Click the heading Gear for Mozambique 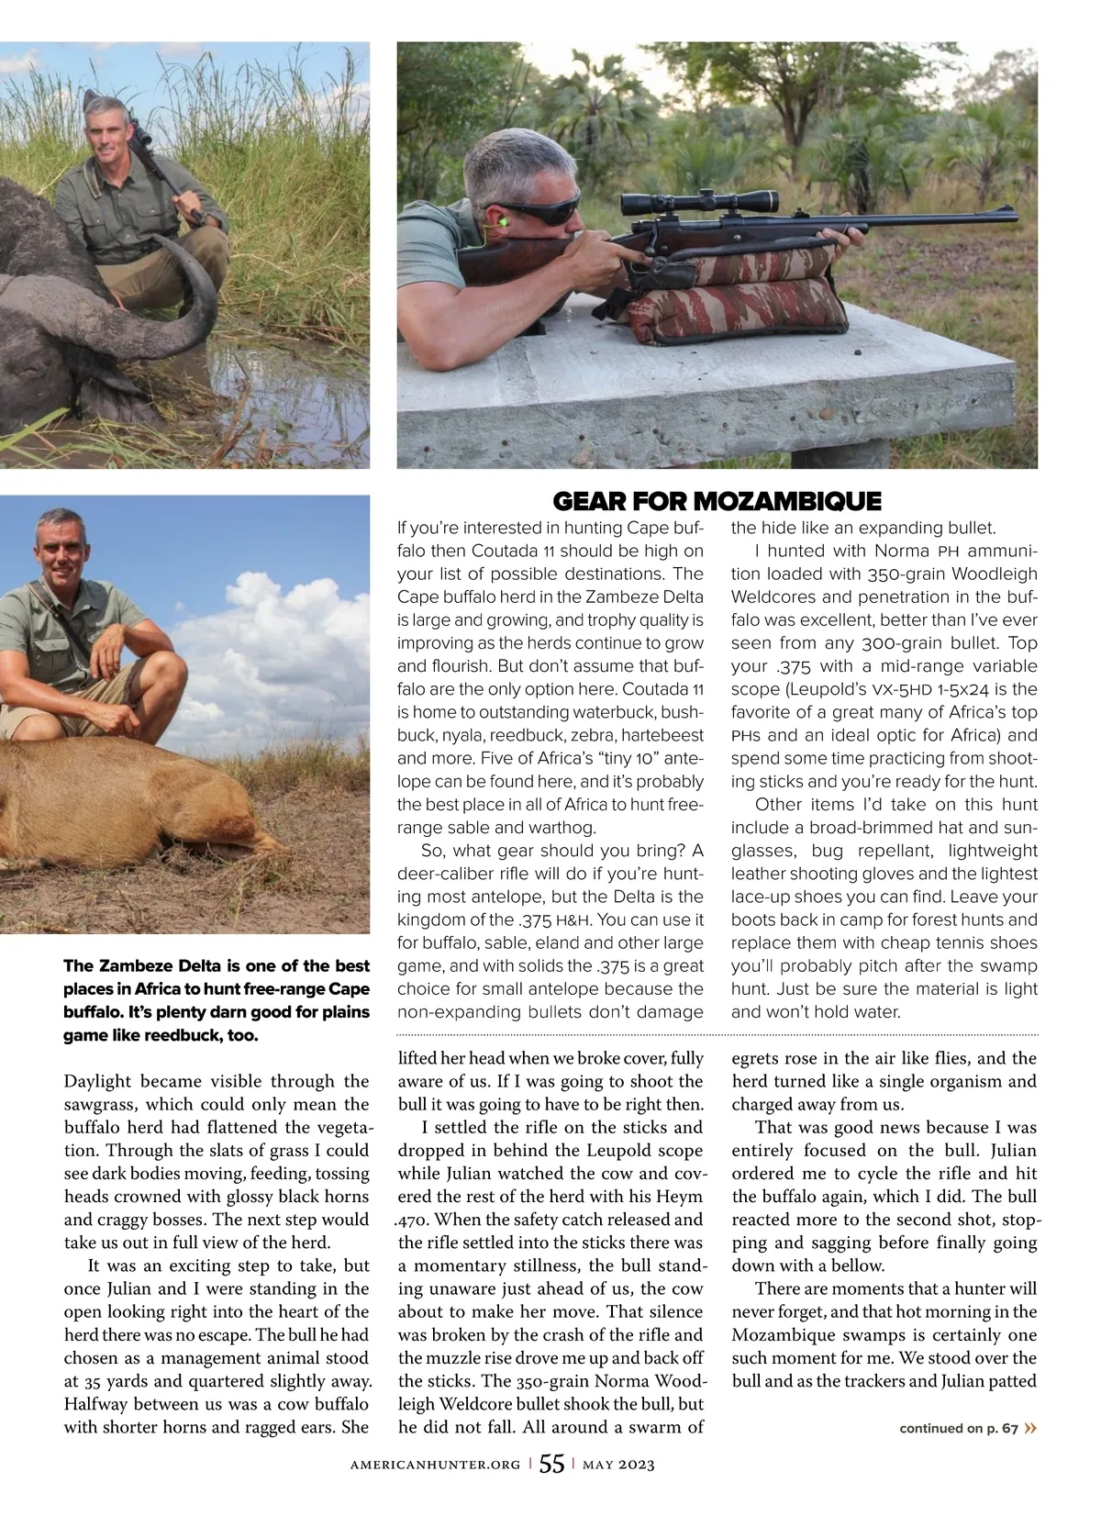point(717,501)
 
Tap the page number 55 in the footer point(551,1464)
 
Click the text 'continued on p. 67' point(959,1428)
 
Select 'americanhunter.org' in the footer point(435,1466)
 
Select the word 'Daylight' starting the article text point(101,1081)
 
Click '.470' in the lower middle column point(412,1220)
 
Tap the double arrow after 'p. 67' point(1032,1428)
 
